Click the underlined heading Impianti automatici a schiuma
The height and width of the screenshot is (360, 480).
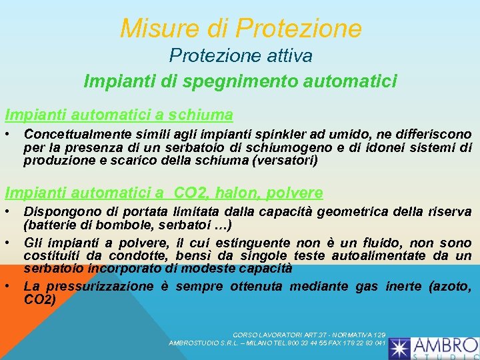point(119,114)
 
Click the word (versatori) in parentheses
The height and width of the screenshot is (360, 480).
point(281,161)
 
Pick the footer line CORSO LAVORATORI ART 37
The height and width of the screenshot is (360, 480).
point(309,334)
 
